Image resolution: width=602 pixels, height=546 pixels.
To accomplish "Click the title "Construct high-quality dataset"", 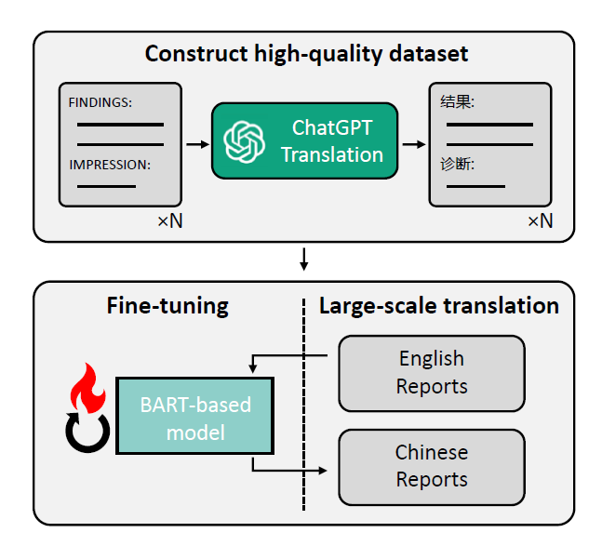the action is click(x=306, y=53).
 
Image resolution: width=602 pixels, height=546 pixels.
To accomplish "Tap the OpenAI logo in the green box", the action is click(x=244, y=141).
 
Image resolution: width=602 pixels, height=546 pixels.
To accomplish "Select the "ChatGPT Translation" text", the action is click(x=332, y=141).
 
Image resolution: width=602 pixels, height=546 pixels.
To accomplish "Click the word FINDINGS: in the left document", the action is click(x=100, y=102).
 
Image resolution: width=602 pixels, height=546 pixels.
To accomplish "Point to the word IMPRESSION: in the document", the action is click(x=110, y=165).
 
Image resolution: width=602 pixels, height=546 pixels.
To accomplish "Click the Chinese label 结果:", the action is click(x=457, y=102).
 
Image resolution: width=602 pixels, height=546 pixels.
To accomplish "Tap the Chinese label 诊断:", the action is click(x=457, y=165).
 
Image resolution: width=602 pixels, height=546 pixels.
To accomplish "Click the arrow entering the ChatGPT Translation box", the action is click(x=198, y=144).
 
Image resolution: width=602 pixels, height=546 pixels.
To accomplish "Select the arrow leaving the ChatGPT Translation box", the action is click(x=414, y=144).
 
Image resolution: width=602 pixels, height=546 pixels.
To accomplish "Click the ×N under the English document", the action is click(x=170, y=221).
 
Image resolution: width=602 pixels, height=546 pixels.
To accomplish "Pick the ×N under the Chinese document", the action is click(x=541, y=221).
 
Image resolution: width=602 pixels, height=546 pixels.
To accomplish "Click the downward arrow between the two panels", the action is click(x=303, y=260).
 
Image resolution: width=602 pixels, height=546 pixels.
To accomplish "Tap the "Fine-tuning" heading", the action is click(x=167, y=306).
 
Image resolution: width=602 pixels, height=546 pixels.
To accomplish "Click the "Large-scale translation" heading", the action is click(x=439, y=306).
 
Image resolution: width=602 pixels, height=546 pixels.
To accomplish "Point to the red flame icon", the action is click(x=87, y=388).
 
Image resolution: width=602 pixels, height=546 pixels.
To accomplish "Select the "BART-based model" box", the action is click(x=195, y=416).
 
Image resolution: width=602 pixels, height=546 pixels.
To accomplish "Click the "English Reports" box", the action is click(x=432, y=374).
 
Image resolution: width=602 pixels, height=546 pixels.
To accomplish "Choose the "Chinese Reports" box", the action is click(x=432, y=467).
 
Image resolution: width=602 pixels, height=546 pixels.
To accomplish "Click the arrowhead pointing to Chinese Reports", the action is click(x=323, y=471).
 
